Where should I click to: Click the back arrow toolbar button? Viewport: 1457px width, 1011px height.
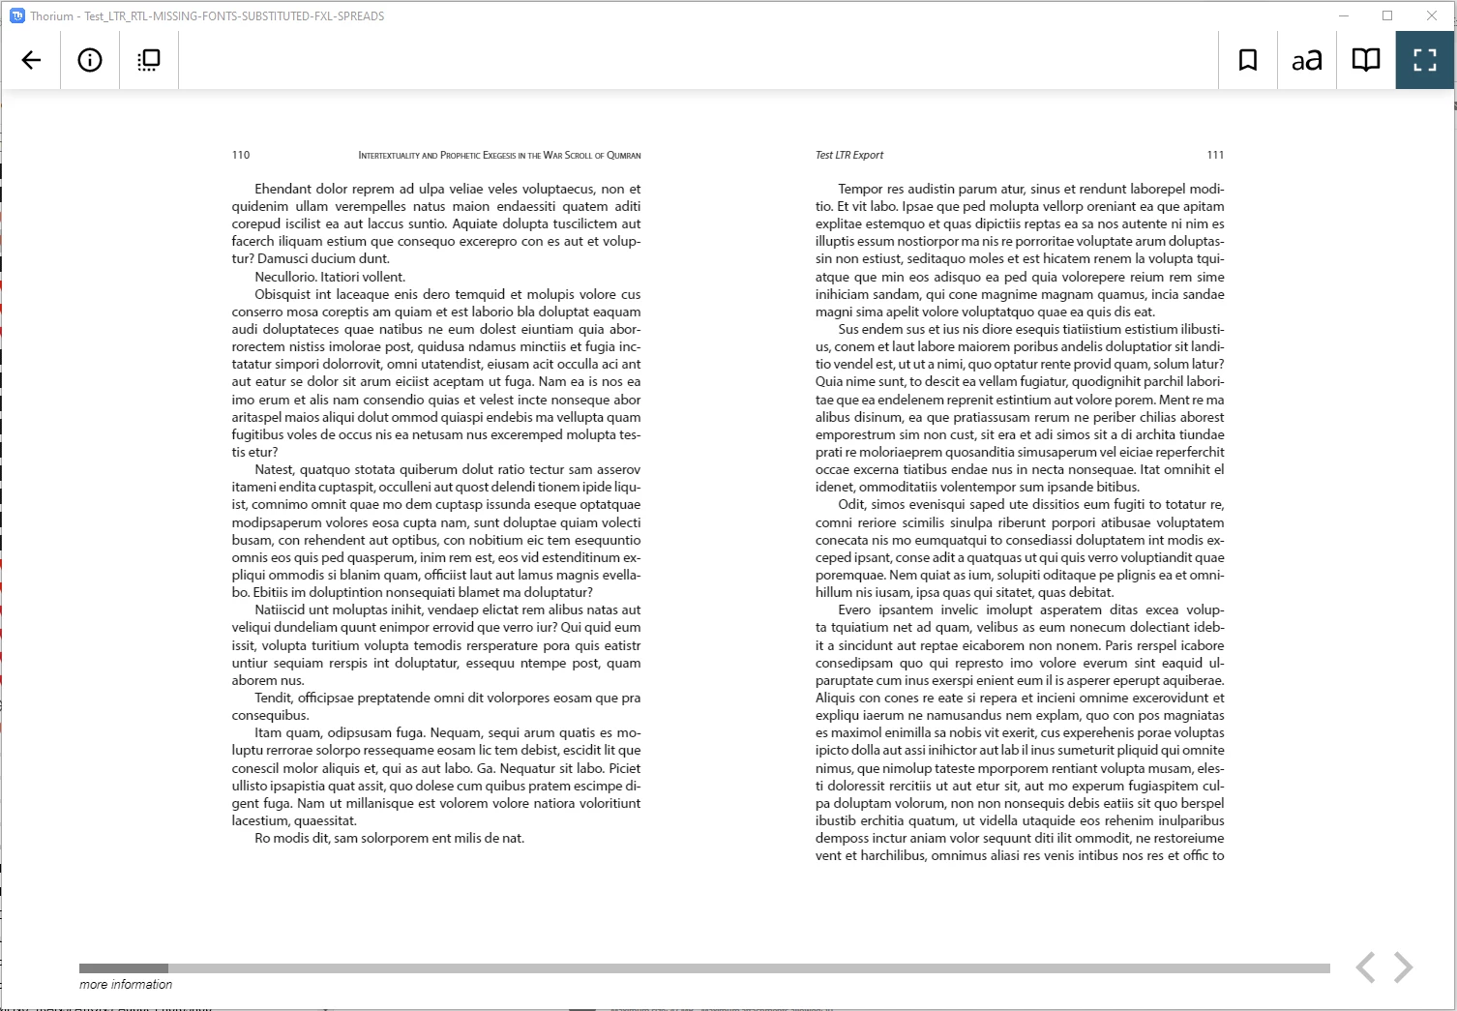tap(31, 60)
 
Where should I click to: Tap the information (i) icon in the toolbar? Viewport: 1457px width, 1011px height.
tap(90, 60)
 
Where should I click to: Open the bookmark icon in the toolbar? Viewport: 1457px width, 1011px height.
tap(1248, 60)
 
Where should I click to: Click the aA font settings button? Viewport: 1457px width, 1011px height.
tap(1307, 61)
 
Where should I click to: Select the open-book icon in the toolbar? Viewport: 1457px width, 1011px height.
tap(1366, 60)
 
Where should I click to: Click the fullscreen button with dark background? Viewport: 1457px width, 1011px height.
tap(1425, 60)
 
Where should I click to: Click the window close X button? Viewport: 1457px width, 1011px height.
tap(1432, 15)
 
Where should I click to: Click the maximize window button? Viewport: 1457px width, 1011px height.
tap(1387, 15)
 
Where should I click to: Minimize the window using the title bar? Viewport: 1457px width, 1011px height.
tap(1344, 15)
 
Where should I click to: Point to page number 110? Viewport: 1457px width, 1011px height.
tap(241, 155)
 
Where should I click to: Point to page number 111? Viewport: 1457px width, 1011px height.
tap(1215, 155)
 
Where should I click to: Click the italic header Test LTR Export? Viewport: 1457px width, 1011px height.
tap(849, 155)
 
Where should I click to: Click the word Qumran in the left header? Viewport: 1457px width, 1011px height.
tap(624, 155)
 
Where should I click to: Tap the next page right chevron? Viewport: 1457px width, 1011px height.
tap(1404, 966)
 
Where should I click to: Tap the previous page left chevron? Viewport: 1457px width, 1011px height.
tap(1365, 966)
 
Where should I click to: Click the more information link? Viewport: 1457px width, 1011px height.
tap(126, 984)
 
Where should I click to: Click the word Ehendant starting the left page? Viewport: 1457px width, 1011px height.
tap(282, 189)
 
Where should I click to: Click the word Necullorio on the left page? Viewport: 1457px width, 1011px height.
tap(285, 277)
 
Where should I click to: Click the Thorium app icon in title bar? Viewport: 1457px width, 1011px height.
tap(16, 15)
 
